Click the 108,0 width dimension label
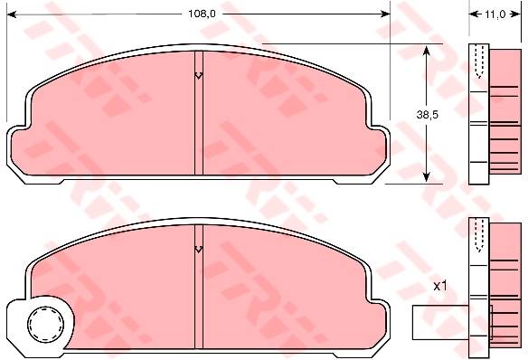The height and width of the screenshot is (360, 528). pyautogui.click(x=202, y=14)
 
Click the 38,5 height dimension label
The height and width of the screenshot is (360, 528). pyautogui.click(x=427, y=115)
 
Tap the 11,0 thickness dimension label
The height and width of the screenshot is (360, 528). pyautogui.click(x=495, y=14)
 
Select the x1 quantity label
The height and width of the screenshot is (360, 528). pyautogui.click(x=439, y=286)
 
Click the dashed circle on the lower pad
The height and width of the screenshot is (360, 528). pyautogui.click(x=45, y=324)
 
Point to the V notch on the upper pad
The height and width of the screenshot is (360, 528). pyautogui.click(x=199, y=75)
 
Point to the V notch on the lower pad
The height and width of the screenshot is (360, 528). pyautogui.click(x=199, y=250)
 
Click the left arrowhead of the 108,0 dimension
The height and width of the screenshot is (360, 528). pyautogui.click(x=12, y=14)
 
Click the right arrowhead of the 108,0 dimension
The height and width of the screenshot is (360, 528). pyautogui.click(x=385, y=14)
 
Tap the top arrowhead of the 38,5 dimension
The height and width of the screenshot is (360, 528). pyautogui.click(x=427, y=50)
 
